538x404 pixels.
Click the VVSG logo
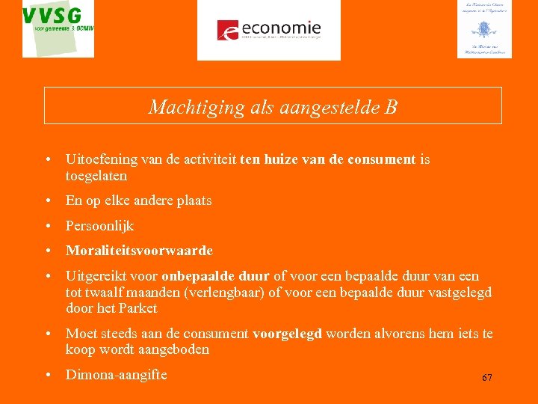pyautogui.click(x=58, y=29)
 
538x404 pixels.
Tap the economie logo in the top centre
pyautogui.click(x=269, y=30)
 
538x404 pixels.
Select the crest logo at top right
pyautogui.click(x=484, y=29)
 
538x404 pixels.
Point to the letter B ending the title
pyautogui.click(x=391, y=107)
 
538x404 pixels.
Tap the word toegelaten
pyautogui.click(x=96, y=176)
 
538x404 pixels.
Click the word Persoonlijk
pyautogui.click(x=99, y=225)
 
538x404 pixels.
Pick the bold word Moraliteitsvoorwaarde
pyautogui.click(x=139, y=251)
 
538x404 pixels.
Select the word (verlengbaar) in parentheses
pyautogui.click(x=222, y=292)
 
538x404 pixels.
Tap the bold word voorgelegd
pyautogui.click(x=287, y=334)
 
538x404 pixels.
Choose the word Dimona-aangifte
pyautogui.click(x=116, y=375)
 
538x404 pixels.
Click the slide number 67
pyautogui.click(x=486, y=378)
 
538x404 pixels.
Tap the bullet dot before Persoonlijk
pyautogui.click(x=48, y=226)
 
